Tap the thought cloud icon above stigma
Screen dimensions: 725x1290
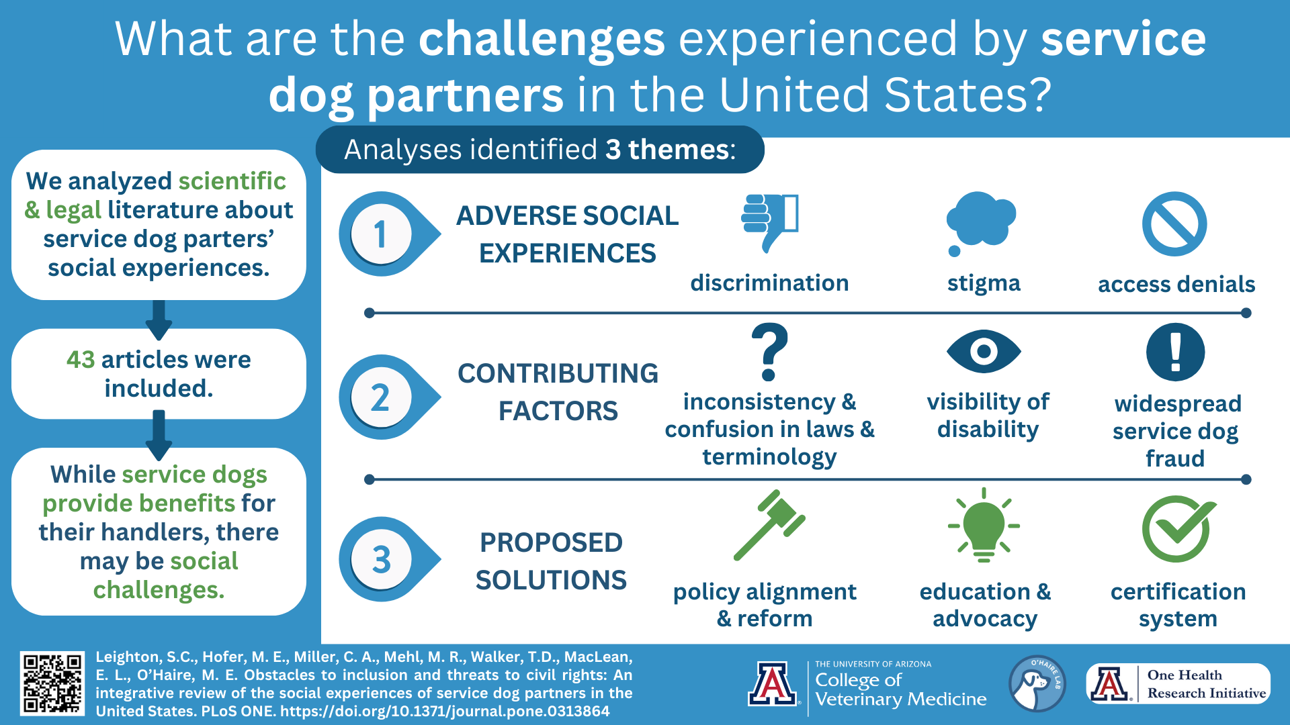click(x=982, y=221)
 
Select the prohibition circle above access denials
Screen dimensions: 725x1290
click(x=1174, y=224)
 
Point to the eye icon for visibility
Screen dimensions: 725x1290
click(x=984, y=351)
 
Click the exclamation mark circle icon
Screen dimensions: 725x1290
click(x=1175, y=352)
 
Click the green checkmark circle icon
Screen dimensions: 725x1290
click(x=1178, y=528)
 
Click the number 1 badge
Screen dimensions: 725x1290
click(x=381, y=234)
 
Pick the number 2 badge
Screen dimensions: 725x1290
click(x=381, y=397)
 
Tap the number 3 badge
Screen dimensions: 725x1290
click(x=381, y=559)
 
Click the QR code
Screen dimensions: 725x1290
click(x=52, y=683)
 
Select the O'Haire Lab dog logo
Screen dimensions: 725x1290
click(x=1037, y=683)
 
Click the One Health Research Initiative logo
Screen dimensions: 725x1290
click(x=1178, y=683)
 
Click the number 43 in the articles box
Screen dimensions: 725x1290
click(x=81, y=360)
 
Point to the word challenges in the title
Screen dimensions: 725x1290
click(x=542, y=39)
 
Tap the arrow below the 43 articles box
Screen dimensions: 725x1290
click(x=159, y=435)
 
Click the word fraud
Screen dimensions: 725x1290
click(x=1175, y=459)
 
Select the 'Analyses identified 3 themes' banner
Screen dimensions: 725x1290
click(x=540, y=150)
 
